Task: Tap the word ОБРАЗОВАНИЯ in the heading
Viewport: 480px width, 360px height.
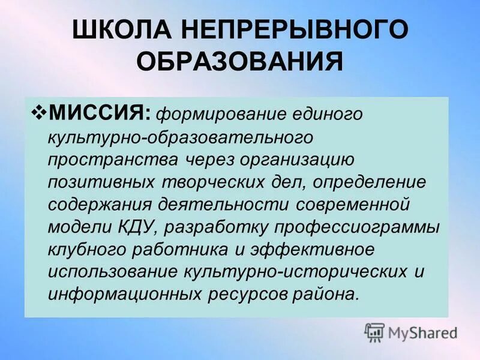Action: [x=240, y=62]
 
